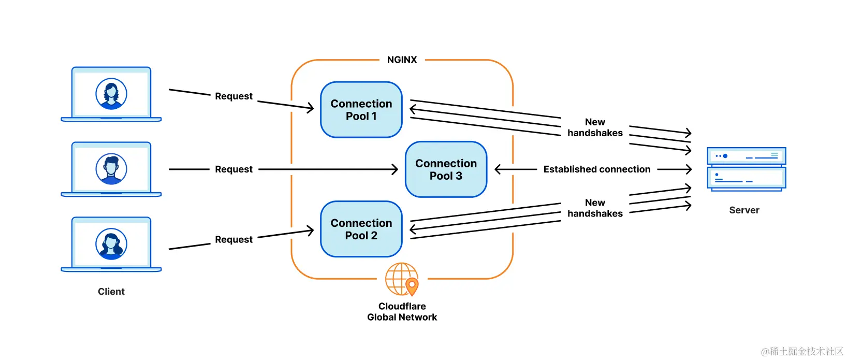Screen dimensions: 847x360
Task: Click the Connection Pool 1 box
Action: coord(361,110)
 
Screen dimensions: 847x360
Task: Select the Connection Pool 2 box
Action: coord(361,229)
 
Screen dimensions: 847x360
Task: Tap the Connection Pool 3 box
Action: coord(446,169)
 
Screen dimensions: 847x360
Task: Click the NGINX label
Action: coord(402,60)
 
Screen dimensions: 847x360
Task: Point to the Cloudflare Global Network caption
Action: coord(402,312)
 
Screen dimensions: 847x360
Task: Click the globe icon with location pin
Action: coord(402,280)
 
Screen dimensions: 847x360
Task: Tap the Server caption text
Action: coord(744,210)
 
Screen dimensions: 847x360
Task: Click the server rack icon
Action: coord(747,169)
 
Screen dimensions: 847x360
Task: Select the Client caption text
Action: coord(111,292)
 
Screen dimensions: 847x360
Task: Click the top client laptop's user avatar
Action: coord(111,94)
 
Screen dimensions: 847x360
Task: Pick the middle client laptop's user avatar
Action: coord(111,169)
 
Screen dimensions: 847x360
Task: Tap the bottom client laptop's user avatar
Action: coord(111,244)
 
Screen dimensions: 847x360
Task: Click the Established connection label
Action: coord(597,169)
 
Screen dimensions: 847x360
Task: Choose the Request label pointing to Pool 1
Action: coord(233,96)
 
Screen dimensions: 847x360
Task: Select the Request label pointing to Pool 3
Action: coord(233,169)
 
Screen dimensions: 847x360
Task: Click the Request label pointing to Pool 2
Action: coord(233,240)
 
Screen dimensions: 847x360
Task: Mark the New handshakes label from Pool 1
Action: coord(595,127)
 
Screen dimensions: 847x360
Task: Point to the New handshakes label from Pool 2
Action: coord(595,208)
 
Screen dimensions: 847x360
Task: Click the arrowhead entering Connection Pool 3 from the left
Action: coord(395,169)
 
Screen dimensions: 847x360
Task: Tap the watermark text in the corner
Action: coord(802,351)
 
